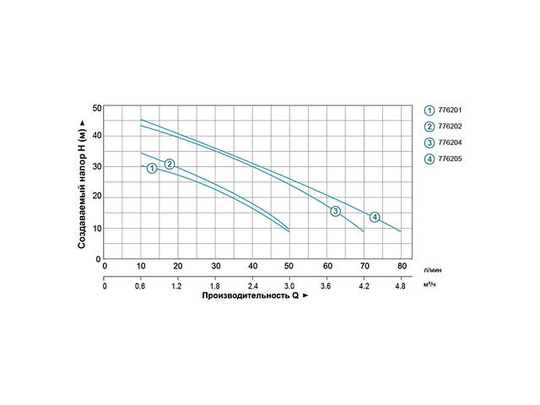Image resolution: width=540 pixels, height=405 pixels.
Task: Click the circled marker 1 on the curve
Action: tap(152, 169)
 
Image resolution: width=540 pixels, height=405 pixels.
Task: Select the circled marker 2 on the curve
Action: tap(170, 164)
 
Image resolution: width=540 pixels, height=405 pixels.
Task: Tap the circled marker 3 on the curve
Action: tap(335, 211)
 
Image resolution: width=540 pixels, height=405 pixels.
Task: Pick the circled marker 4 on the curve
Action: tap(375, 217)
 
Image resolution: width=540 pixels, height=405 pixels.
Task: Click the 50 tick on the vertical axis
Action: tap(97, 107)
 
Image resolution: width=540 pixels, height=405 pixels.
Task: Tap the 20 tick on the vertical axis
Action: tap(97, 197)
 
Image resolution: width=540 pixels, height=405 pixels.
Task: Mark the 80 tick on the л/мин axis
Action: tap(402, 266)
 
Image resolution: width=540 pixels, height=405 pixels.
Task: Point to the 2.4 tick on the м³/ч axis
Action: tap(253, 286)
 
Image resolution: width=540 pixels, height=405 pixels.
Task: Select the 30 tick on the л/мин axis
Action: tap(216, 266)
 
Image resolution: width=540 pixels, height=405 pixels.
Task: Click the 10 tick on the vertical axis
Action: tap(97, 228)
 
